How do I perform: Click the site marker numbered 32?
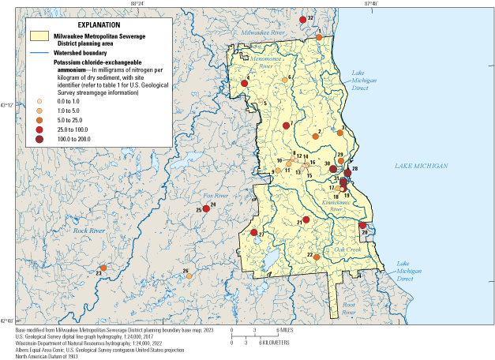pos(303,19)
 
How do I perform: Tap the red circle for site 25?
pos(206,208)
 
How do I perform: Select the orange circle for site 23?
pos(103,268)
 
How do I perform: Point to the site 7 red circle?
pos(286,126)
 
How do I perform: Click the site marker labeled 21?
pos(306,220)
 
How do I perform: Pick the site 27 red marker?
pos(253,233)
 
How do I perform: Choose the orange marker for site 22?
pos(316,257)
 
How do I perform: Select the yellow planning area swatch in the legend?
pos(39,36)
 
